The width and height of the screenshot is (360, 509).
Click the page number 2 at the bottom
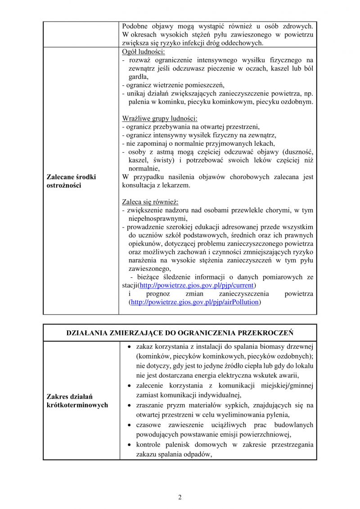180,497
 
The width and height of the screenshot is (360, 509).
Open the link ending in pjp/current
197,285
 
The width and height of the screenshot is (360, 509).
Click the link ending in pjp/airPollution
195,302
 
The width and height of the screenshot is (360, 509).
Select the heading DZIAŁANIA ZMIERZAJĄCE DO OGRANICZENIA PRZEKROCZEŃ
180,333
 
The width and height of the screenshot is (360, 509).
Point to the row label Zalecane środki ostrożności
71,181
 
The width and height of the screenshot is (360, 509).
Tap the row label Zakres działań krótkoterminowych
77,401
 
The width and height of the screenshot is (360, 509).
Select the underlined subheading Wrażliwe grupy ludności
160,118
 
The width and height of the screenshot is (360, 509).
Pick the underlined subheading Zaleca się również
150,202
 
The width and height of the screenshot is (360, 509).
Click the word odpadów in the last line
199,454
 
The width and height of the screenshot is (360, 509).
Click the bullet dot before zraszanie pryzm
130,405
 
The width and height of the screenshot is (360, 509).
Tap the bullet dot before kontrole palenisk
130,445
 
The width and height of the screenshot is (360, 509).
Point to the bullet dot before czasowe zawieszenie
130,425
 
